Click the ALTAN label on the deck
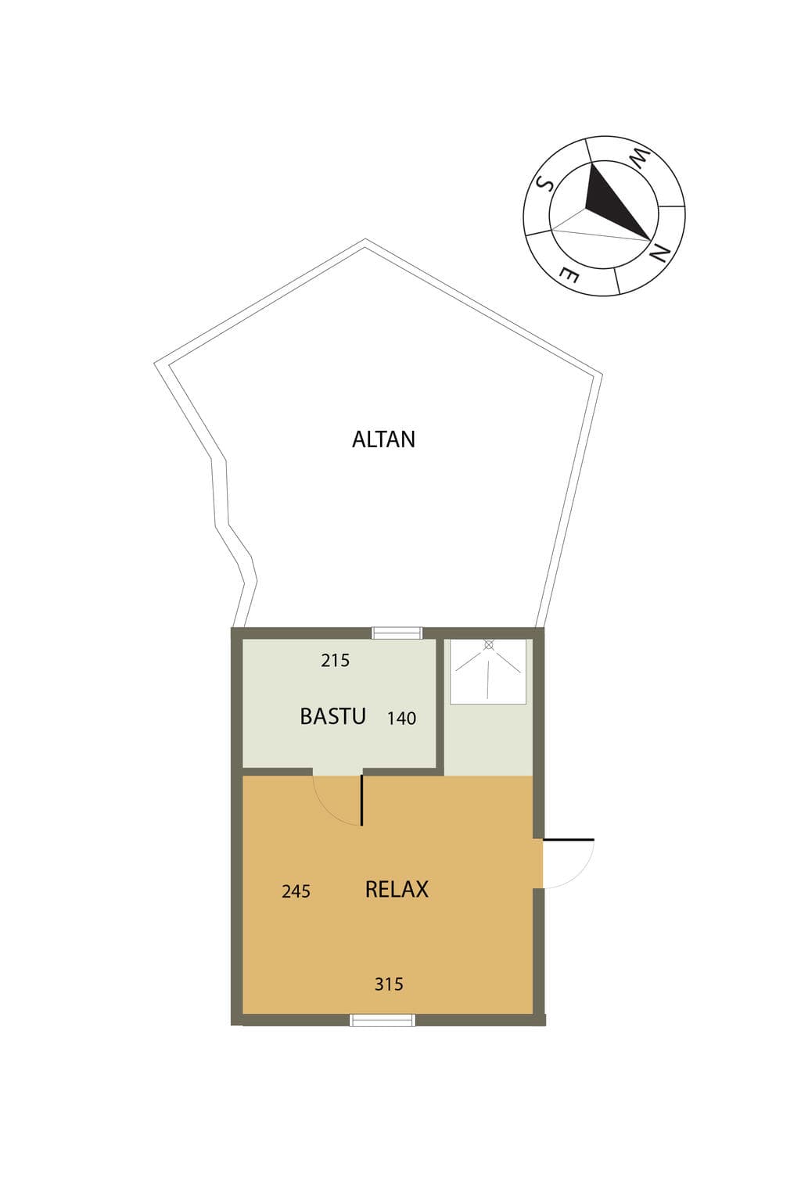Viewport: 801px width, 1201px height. coord(383,439)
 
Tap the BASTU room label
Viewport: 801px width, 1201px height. coord(332,716)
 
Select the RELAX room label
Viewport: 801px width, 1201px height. coord(397,889)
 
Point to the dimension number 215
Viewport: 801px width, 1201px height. coord(336,660)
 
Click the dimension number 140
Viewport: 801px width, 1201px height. coord(401,718)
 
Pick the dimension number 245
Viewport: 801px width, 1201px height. coord(296,891)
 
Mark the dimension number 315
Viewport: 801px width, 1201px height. coord(389,984)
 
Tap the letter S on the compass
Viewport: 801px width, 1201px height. coord(545,184)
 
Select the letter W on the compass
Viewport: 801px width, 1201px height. coord(640,160)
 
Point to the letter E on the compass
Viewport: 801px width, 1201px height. coord(568,275)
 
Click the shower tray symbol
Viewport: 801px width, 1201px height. coord(487,672)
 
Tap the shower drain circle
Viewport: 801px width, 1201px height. coord(488,645)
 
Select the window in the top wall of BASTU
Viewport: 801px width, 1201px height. coord(397,633)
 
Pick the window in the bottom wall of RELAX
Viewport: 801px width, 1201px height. coord(382,1020)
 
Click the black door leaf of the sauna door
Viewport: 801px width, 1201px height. coord(362,800)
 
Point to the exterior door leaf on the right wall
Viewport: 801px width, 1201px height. coord(569,838)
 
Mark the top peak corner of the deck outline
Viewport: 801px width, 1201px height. coord(365,239)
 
